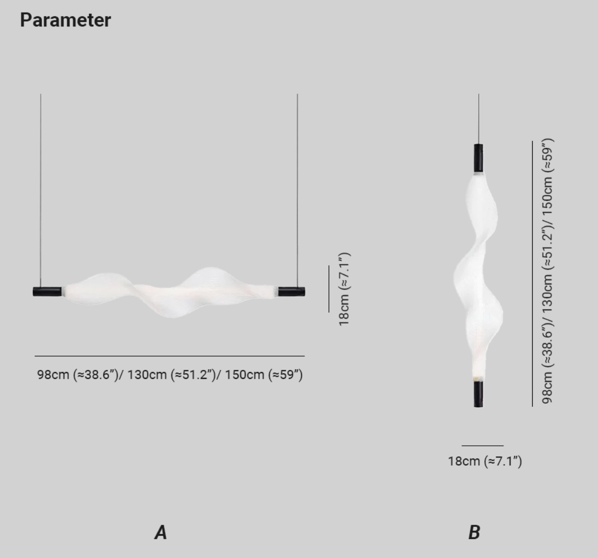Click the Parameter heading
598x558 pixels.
(x=65, y=20)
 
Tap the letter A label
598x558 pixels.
(x=161, y=533)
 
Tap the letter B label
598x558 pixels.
(x=474, y=533)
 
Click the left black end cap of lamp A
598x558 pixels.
(x=47, y=291)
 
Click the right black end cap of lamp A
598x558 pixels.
(x=291, y=292)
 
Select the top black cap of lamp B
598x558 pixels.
(x=478, y=158)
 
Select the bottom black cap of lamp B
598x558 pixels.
(x=478, y=394)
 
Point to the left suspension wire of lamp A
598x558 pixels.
(x=41, y=190)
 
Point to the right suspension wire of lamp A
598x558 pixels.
(x=298, y=190)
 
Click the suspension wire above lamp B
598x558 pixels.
(x=478, y=119)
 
